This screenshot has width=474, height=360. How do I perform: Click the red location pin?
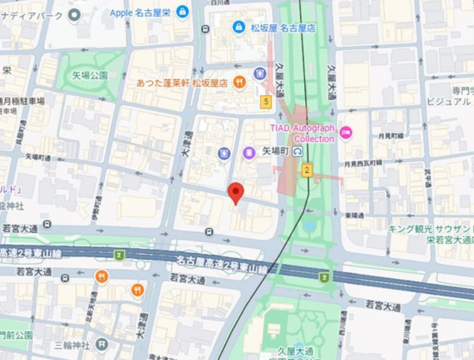[x=235, y=192]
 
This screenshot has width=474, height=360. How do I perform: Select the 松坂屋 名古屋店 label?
[x=283, y=28]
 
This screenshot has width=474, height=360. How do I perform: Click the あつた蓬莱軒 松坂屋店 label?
[x=183, y=83]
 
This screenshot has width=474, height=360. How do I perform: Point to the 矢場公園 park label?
[x=90, y=75]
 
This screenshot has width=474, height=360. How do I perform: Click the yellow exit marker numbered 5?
[x=266, y=102]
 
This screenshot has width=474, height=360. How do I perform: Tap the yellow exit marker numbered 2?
[x=307, y=169]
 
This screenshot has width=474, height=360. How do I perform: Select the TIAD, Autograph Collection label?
[x=302, y=133]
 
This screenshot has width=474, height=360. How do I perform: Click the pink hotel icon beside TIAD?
[x=345, y=132]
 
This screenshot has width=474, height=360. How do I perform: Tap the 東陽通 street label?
[x=354, y=215]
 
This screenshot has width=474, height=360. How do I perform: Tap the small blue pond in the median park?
[x=309, y=226]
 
